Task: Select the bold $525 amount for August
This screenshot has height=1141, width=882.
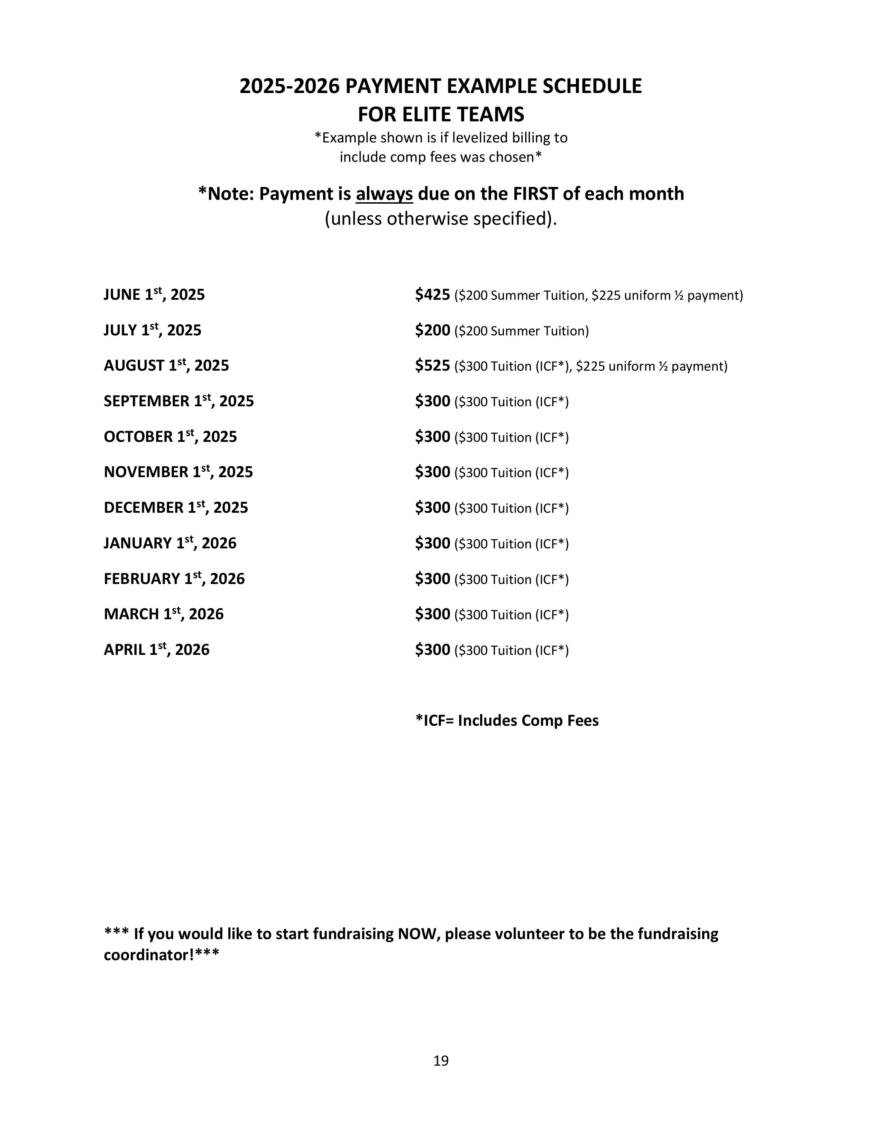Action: (x=432, y=366)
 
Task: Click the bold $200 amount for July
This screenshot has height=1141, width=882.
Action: (x=432, y=330)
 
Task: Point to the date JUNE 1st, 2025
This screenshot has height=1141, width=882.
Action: (x=154, y=295)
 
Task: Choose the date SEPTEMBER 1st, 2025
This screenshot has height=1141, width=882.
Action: (x=179, y=401)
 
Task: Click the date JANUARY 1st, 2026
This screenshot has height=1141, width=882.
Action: (x=170, y=543)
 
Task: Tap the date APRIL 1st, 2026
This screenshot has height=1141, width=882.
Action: (x=156, y=650)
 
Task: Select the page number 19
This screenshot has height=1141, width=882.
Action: (x=440, y=1060)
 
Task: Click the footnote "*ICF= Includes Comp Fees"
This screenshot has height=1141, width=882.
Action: (x=507, y=721)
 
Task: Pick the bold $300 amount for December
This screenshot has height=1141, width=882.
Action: (x=432, y=508)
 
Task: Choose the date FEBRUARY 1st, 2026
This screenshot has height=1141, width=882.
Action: (x=174, y=579)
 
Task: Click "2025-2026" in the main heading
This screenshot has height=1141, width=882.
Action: (x=289, y=86)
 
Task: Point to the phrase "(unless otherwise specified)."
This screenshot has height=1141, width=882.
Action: (x=440, y=219)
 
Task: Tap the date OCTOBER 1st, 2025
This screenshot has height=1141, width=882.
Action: (x=170, y=437)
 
